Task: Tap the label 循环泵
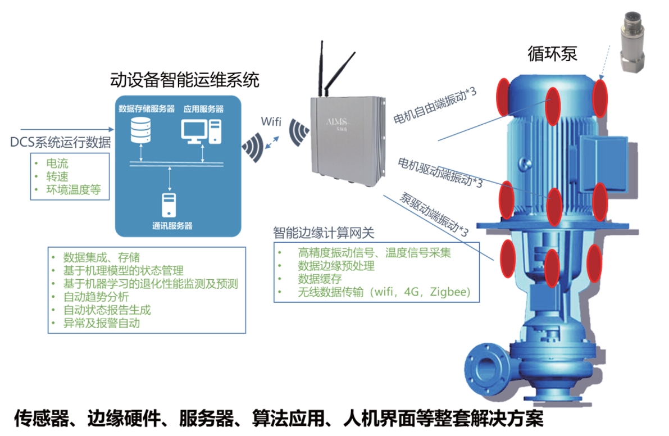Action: coord(552,54)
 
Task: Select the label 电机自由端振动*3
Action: coord(435,106)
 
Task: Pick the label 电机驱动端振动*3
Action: coord(440,171)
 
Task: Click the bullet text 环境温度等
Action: coord(74,189)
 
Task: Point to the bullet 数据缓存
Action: coord(319,279)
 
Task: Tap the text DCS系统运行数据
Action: coord(61,143)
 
